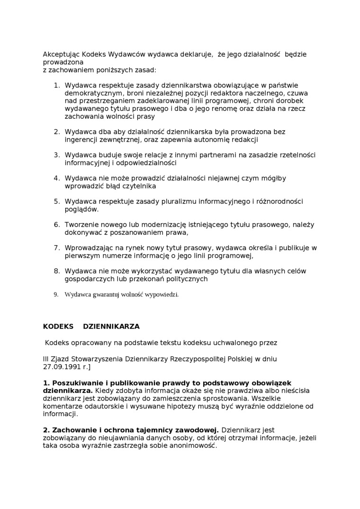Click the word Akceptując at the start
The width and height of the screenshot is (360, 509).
[58, 54]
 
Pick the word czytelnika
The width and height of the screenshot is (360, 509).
[139, 186]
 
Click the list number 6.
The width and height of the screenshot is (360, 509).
[56, 224]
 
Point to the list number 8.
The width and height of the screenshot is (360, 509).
[56, 271]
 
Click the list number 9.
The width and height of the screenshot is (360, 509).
[55, 295]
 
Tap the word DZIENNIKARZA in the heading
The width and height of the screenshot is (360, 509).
[111, 327]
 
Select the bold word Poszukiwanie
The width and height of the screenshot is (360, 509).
[76, 383]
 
